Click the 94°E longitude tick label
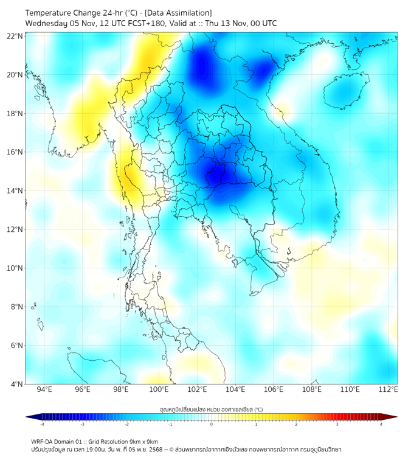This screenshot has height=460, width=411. (x=44, y=390)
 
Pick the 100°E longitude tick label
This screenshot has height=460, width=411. (x=159, y=390)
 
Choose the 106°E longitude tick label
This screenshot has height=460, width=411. (x=274, y=390)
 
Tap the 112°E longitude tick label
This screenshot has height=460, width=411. (x=389, y=390)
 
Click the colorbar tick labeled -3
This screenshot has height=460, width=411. (x=82, y=424)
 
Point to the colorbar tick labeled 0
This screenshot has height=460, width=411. (x=212, y=424)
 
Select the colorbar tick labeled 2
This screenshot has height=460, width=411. (x=296, y=424)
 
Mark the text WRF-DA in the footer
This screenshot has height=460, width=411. (x=43, y=441)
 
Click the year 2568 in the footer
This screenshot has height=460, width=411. (x=149, y=449)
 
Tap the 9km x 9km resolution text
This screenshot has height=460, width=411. (x=143, y=441)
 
